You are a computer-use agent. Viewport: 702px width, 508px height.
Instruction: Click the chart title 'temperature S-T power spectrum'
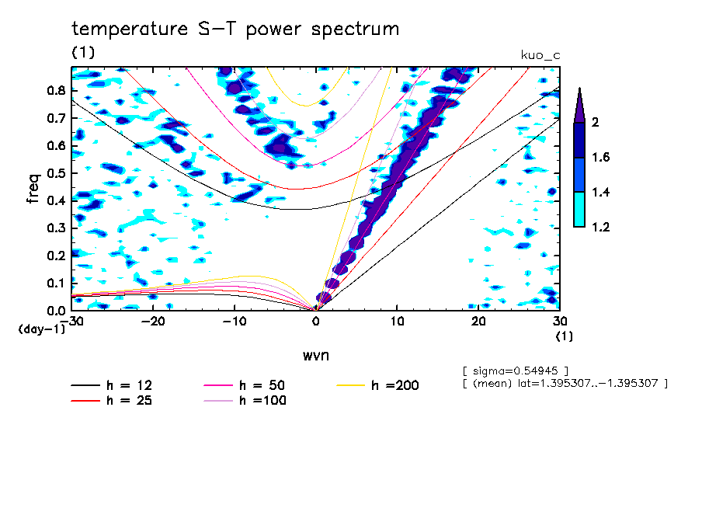click(235, 30)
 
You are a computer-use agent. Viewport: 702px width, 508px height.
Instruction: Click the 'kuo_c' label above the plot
click(540, 54)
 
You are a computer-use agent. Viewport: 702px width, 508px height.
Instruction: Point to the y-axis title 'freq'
click(33, 189)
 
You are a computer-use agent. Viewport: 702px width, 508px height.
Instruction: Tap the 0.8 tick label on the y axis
click(56, 90)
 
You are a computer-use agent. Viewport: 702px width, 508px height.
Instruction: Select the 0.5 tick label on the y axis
click(56, 172)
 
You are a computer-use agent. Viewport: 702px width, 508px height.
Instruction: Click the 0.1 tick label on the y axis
click(56, 283)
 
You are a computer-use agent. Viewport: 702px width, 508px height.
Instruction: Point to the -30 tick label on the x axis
click(73, 322)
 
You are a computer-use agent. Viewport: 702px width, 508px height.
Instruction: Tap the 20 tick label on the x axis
click(478, 322)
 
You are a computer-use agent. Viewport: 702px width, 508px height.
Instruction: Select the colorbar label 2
click(595, 123)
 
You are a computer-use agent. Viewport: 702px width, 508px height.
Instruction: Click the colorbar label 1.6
click(599, 158)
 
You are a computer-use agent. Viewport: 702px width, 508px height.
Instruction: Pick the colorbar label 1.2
click(599, 228)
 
